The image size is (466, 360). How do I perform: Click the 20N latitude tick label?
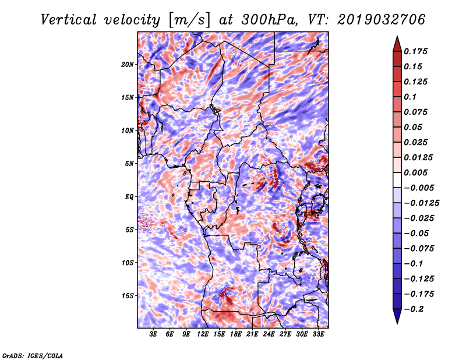click(128, 65)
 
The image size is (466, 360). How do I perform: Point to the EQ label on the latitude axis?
click(129, 197)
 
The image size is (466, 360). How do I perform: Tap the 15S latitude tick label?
click(128, 296)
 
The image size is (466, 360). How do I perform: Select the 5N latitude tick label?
click(129, 164)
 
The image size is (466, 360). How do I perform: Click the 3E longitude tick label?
click(153, 334)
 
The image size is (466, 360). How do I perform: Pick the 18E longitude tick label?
click(236, 334)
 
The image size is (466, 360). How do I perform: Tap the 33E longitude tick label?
click(318, 334)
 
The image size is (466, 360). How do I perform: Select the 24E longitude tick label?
click(269, 334)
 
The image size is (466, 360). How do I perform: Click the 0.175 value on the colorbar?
click(415, 51)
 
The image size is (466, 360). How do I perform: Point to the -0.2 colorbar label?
click(414, 309)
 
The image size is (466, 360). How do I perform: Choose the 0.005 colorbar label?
click(415, 172)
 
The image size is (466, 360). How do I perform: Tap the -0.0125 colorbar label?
click(421, 203)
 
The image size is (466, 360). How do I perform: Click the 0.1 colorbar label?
click(410, 97)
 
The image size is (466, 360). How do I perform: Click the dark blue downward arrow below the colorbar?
click(397, 316)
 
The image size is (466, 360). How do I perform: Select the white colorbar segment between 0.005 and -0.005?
click(397, 180)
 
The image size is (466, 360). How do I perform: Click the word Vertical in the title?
click(69, 20)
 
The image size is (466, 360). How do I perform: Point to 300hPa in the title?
click(269, 20)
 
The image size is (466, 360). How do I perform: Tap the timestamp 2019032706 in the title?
click(382, 20)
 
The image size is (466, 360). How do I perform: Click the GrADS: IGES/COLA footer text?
click(33, 356)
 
